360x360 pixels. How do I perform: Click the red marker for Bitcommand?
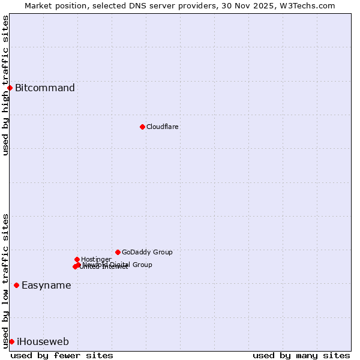pyautogui.click(x=10, y=88)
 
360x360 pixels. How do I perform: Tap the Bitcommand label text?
pyautogui.click(x=45, y=88)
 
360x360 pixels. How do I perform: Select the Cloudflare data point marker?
pyautogui.click(x=142, y=127)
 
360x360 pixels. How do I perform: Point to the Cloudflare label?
pyautogui.click(x=163, y=127)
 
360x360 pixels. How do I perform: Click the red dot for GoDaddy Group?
pyautogui.click(x=118, y=252)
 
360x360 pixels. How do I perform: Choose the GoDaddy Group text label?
pyautogui.click(x=147, y=252)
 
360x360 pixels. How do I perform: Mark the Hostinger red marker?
pyautogui.click(x=77, y=259)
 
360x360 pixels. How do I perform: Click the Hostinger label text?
pyautogui.click(x=96, y=259)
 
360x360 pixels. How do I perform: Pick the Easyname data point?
pyautogui.click(x=16, y=285)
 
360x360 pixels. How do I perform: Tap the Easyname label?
pyautogui.click(x=46, y=286)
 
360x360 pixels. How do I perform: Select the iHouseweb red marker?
pyautogui.click(x=11, y=341)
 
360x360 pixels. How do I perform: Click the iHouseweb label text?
pyautogui.click(x=43, y=342)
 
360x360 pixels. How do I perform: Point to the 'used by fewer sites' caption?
pyautogui.click(x=62, y=355)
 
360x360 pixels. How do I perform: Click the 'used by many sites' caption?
pyautogui.click(x=301, y=355)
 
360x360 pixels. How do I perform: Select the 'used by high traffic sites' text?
pyautogui.click(x=5, y=85)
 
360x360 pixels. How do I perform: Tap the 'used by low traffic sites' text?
pyautogui.click(x=5, y=281)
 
